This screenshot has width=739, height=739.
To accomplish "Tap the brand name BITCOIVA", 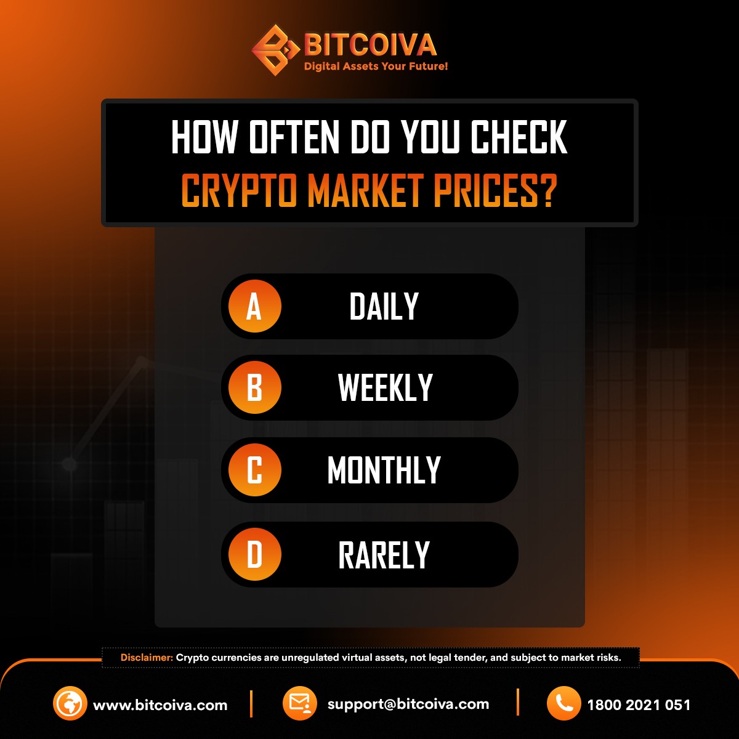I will (370, 45).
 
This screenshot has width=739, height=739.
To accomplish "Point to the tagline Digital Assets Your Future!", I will (376, 67).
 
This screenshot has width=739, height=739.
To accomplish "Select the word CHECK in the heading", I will (519, 137).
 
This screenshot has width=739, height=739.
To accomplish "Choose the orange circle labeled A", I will (254, 307).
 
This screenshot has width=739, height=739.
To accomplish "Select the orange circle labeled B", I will (254, 388).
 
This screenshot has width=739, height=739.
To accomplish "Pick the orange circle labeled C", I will (254, 470).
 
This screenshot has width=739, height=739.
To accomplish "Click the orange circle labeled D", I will (254, 554).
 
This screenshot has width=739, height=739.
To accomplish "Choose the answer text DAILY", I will (384, 307).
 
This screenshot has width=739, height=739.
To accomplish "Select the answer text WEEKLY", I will (386, 388).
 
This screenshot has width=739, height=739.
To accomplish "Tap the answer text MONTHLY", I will (384, 470).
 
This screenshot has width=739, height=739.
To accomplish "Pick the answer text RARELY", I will (384, 555).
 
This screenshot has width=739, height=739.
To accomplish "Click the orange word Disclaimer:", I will (147, 658).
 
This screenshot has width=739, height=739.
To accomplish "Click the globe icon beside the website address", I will (70, 703).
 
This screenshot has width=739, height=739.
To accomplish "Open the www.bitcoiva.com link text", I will (160, 705).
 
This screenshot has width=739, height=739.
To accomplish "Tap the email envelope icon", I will (300, 703).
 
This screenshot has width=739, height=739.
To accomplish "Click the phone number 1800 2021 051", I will (639, 705).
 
